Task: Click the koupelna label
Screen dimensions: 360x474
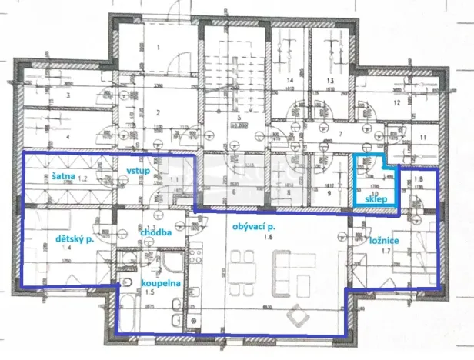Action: [159, 283]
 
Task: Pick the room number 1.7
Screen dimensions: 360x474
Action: [396, 251]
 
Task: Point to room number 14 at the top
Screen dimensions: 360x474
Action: [292, 80]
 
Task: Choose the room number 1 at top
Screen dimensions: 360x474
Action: [158, 48]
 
